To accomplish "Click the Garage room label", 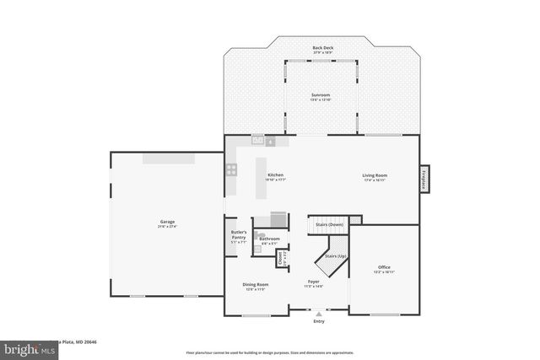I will pyautogui.click(x=167, y=223).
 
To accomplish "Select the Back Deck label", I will pyautogui.click(x=322, y=49).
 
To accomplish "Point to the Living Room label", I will pyautogui.click(x=375, y=178).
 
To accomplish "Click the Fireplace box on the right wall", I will pyautogui.click(x=424, y=179).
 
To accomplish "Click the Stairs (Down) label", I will pyautogui.click(x=330, y=225).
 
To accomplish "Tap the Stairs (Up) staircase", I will pyautogui.click(x=331, y=257).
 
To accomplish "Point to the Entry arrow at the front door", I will pyautogui.click(x=318, y=313).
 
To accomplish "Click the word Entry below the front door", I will pyautogui.click(x=318, y=321).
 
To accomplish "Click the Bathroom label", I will pyautogui.click(x=269, y=239).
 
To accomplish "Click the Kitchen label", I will pyautogui.click(x=276, y=176).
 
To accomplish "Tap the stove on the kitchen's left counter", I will pyautogui.click(x=230, y=169).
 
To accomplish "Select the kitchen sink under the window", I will pyautogui.click(x=257, y=141).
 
